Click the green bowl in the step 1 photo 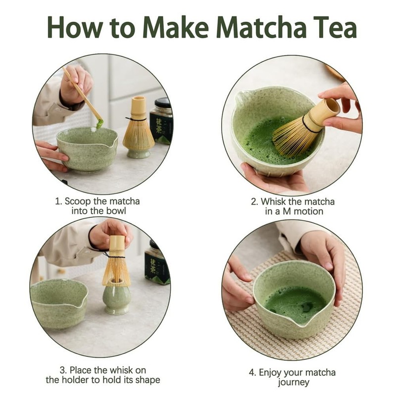coord(87,148)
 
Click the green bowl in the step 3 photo coord(57,302)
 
